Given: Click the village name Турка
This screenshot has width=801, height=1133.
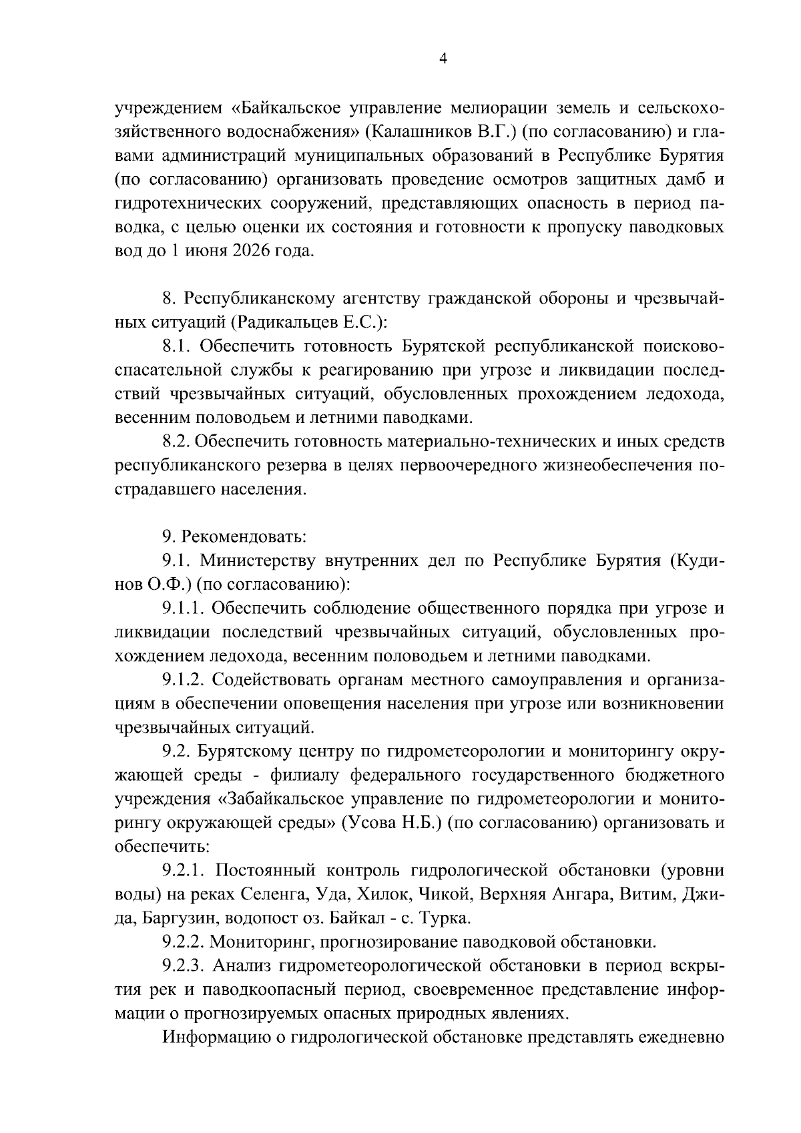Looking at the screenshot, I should click(x=446, y=918).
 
